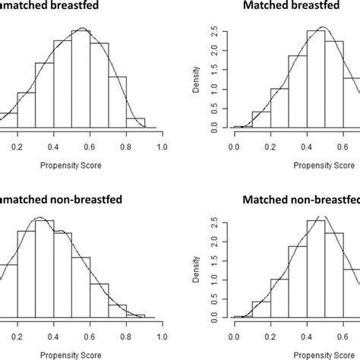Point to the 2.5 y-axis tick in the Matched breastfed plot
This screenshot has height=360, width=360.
click(218, 32)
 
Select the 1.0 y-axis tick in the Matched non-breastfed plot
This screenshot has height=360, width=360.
click(218, 280)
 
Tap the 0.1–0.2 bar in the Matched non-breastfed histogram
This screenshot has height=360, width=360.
click(261, 311)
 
